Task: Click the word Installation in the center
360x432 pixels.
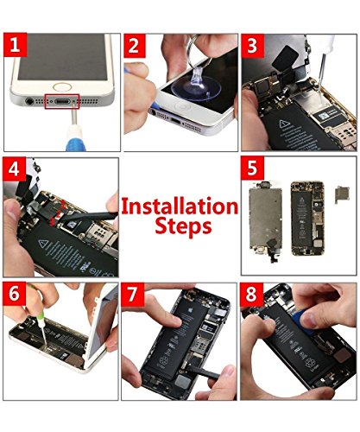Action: pos(179,206)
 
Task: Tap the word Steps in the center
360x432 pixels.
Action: pos(179,228)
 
